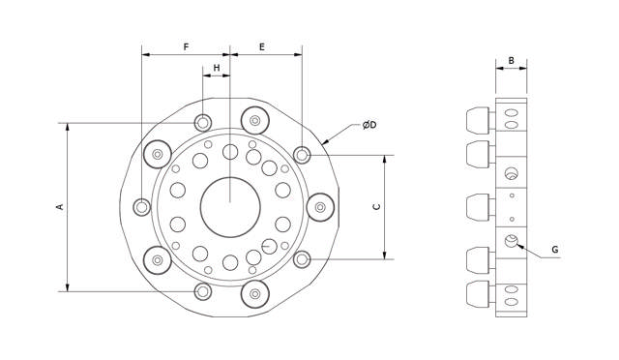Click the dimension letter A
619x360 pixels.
click(60, 206)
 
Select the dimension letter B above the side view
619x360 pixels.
click(512, 60)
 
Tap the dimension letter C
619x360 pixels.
click(377, 207)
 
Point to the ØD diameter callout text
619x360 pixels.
click(369, 125)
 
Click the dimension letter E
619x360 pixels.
click(262, 47)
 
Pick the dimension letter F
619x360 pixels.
click(186, 47)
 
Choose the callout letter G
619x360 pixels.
click(555, 250)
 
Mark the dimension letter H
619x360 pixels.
click(217, 68)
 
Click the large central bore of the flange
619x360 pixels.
click(230, 207)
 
